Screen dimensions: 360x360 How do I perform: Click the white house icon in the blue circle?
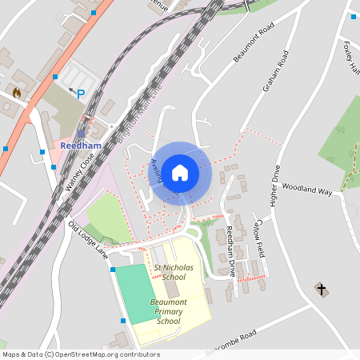click(180, 172)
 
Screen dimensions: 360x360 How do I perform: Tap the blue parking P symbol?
click(80, 94)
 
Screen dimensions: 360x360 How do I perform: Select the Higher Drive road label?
click(274, 186)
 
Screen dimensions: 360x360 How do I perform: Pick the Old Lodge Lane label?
click(88, 239)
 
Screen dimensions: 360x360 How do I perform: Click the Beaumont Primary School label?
click(169, 311)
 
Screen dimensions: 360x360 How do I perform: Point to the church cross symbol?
click(322, 288)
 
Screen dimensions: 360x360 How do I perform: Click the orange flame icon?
click(16, 93)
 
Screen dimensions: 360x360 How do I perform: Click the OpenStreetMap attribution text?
click(81, 354)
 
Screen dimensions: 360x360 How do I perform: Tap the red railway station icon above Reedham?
click(82, 134)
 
